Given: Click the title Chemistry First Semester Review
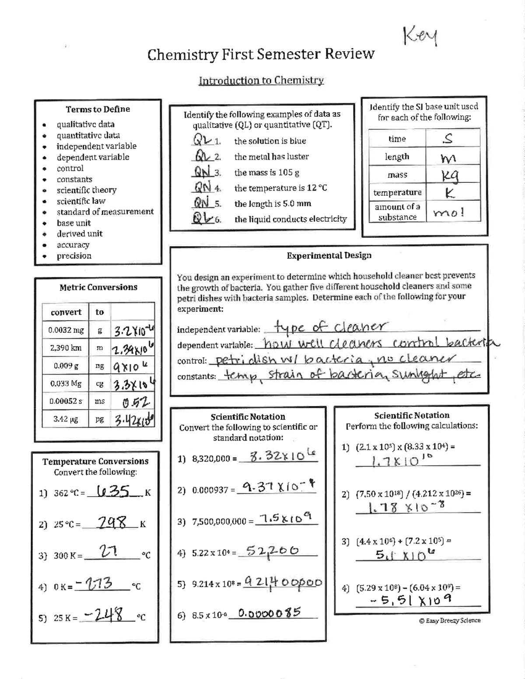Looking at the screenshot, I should click(x=261, y=54).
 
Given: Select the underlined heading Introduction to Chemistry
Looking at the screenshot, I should click(x=261, y=80).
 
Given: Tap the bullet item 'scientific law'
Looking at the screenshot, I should click(x=81, y=201).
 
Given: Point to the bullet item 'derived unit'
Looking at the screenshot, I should click(x=79, y=234).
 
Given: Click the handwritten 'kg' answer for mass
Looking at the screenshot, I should click(x=450, y=175).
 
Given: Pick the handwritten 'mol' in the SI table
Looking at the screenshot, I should click(x=448, y=212).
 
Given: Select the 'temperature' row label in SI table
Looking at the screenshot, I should click(x=397, y=192).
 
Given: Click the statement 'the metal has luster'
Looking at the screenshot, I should click(x=271, y=157).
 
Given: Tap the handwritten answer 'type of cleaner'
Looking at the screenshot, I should click(x=330, y=327).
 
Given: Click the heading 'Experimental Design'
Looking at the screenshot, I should click(x=329, y=255).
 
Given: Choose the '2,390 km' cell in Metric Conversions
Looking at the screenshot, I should click(x=66, y=348).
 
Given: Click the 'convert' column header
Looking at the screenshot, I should click(x=66, y=312).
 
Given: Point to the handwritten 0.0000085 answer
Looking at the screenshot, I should click(x=269, y=613).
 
